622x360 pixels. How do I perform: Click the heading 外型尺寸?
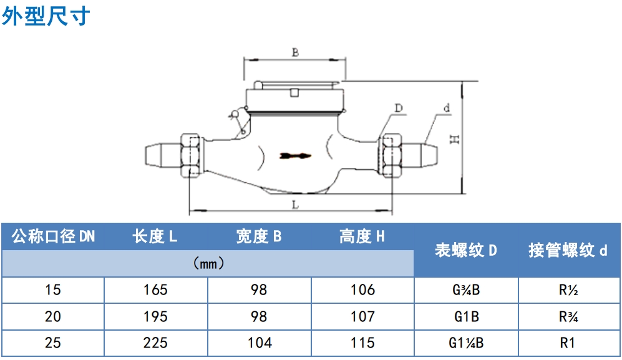point(46,16)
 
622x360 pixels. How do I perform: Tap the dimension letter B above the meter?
point(295,52)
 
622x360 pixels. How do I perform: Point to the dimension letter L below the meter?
point(295,205)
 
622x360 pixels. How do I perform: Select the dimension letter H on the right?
point(455,139)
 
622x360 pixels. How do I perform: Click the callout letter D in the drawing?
point(398,108)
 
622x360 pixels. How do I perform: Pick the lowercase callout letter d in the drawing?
point(447,107)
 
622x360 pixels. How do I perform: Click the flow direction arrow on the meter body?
point(295,155)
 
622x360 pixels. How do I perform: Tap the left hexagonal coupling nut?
point(191,155)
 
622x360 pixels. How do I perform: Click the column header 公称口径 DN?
point(53,236)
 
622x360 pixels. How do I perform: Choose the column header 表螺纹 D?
point(465,250)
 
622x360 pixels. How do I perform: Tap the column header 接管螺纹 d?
point(568,250)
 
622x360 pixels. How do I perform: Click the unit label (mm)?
point(208,263)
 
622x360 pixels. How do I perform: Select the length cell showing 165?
point(155,289)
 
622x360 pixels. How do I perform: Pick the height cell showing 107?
point(362,316)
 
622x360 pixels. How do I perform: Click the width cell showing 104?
point(260,343)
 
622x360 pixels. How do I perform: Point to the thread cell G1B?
point(467,316)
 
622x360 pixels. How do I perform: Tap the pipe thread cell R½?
point(568,289)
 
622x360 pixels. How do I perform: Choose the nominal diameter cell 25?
point(53,343)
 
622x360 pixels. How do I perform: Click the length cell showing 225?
point(155,343)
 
